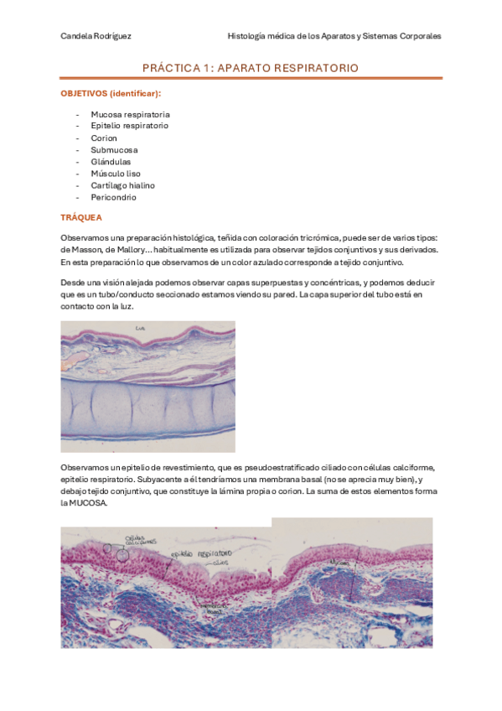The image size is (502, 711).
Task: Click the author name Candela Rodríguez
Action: pyautogui.click(x=96, y=36)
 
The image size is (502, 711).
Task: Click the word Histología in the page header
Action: pyautogui.click(x=247, y=36)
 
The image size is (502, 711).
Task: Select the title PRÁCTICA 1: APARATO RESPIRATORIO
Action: pyautogui.click(x=251, y=67)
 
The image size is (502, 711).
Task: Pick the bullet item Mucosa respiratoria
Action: pyautogui.click(x=130, y=113)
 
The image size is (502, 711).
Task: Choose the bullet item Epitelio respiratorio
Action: pyautogui.click(x=129, y=125)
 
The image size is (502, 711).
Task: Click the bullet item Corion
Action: pyautogui.click(x=104, y=138)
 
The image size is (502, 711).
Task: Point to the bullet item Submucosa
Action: pyautogui.click(x=114, y=149)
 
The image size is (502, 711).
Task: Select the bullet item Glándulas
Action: pyautogui.click(x=111, y=161)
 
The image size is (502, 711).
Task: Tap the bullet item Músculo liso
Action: pyautogui.click(x=116, y=174)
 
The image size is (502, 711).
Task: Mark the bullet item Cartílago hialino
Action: pyautogui.click(x=122, y=185)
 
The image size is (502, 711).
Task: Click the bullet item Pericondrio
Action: pyautogui.click(x=113, y=197)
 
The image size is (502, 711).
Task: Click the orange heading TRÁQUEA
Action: pyautogui.click(x=81, y=217)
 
